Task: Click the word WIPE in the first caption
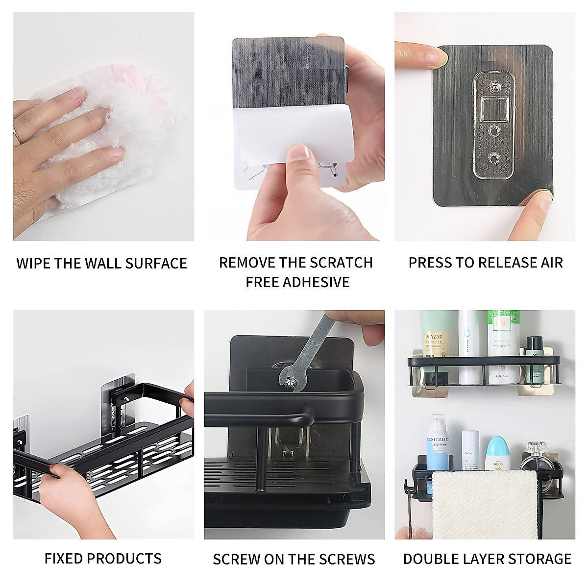(33, 263)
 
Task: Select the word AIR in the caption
(550, 263)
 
